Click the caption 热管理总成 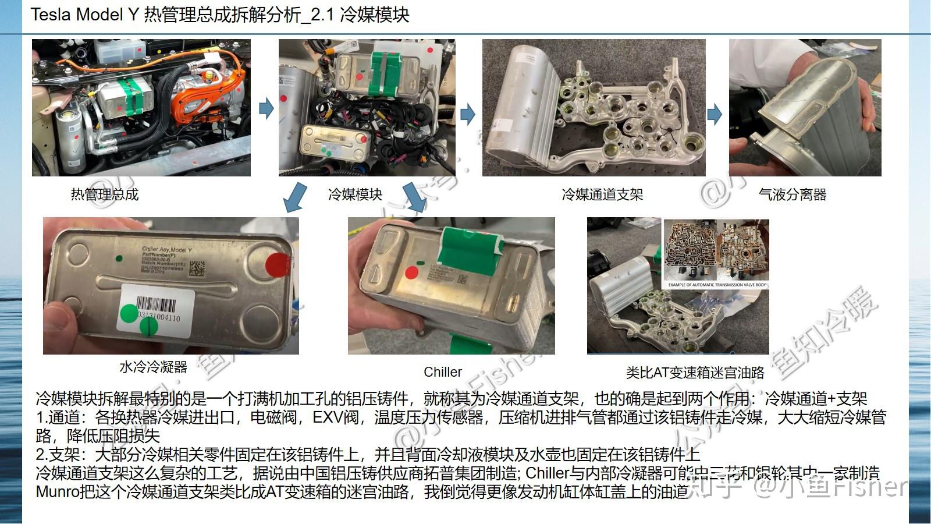[x=105, y=194]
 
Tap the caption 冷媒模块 [x=355, y=194]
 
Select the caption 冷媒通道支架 [x=602, y=194]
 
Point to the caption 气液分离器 [x=793, y=194]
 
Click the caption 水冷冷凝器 [x=153, y=367]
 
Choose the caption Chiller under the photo [x=443, y=372]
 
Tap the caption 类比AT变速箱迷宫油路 [x=695, y=373]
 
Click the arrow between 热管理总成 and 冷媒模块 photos [x=266, y=108]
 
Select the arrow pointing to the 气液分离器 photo [x=715, y=114]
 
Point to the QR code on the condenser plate [x=197, y=268]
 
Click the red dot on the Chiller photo [x=412, y=272]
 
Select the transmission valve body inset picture [x=716, y=254]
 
